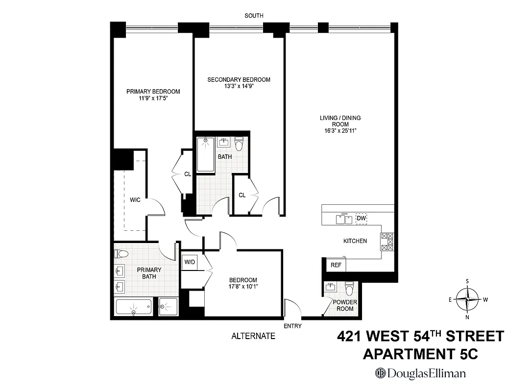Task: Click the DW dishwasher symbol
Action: pos(362,219)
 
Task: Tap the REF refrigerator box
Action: pos(336,265)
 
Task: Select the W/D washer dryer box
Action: pos(189,261)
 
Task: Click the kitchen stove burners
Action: pos(387,242)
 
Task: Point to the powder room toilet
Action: pos(349,286)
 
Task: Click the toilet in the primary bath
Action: pos(121,254)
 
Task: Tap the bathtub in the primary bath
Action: pos(134,307)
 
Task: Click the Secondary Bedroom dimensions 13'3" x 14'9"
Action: pos(239,86)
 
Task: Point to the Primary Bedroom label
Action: pos(153,92)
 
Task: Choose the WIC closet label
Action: pos(135,200)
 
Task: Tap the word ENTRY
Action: pos(292,326)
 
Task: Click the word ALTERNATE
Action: pos(253,336)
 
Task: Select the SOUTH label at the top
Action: pos(254,16)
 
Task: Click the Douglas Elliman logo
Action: pos(420,373)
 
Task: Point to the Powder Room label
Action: pos(345,305)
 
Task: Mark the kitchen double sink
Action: pos(344,219)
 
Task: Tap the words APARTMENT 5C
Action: pos(420,354)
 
